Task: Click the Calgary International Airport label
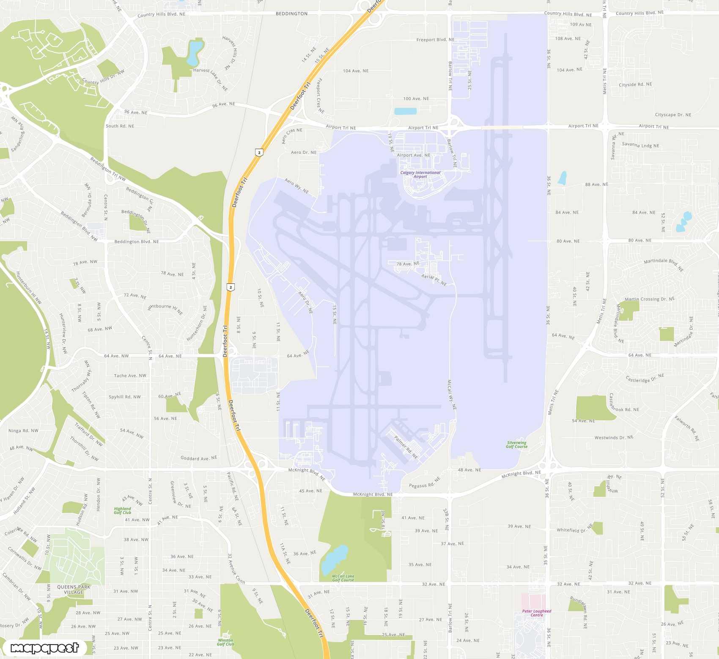[420, 174]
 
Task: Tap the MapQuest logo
[44, 648]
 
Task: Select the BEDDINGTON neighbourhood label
[291, 14]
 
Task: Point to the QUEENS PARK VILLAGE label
[74, 589]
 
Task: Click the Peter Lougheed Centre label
[536, 613]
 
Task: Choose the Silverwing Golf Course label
[516, 444]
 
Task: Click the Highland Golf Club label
[123, 511]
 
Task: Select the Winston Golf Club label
[225, 642]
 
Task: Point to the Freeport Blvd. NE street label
[435, 40]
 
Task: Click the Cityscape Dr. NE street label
[673, 115]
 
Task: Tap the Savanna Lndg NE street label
[640, 145]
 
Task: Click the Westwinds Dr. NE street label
[614, 438]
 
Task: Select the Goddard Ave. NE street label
[199, 458]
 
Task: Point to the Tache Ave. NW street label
[130, 376]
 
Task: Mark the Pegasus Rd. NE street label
[424, 483]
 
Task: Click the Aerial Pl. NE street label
[434, 280]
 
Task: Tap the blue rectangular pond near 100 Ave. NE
[405, 111]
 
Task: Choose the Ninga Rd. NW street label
[23, 431]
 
